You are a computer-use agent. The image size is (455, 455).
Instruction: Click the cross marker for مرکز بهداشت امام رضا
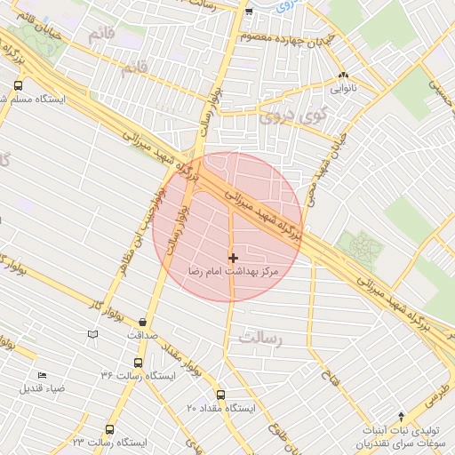233,257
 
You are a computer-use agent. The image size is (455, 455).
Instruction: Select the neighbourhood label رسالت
259,339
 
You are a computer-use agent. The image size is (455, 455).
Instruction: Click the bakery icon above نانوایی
344,76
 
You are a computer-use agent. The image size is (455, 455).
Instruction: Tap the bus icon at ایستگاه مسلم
18,86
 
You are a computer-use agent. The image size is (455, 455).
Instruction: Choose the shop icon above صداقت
143,323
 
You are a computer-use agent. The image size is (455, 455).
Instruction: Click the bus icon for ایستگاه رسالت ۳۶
137,363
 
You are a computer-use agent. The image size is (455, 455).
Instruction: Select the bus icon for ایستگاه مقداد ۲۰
220,395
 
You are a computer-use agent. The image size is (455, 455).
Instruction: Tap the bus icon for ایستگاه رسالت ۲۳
109,429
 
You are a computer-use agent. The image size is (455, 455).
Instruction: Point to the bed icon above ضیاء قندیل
42,375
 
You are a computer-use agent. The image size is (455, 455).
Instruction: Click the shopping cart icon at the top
249,12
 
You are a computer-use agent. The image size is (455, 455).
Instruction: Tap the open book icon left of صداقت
92,334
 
